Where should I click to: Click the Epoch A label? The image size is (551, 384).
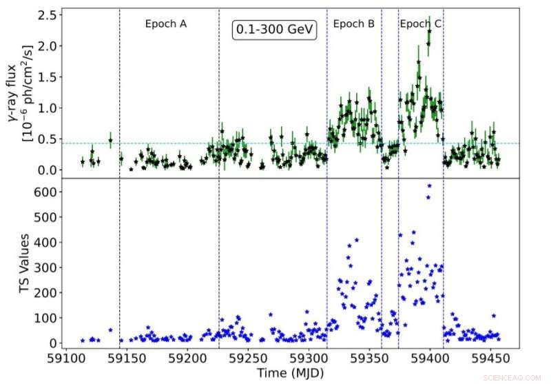tap(166, 23)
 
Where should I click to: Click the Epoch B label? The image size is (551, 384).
tap(353, 23)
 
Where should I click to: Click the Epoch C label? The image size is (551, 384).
tap(421, 23)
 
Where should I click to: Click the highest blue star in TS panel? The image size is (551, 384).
tap(429, 185)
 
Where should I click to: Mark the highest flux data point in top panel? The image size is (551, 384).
tap(429, 31)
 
